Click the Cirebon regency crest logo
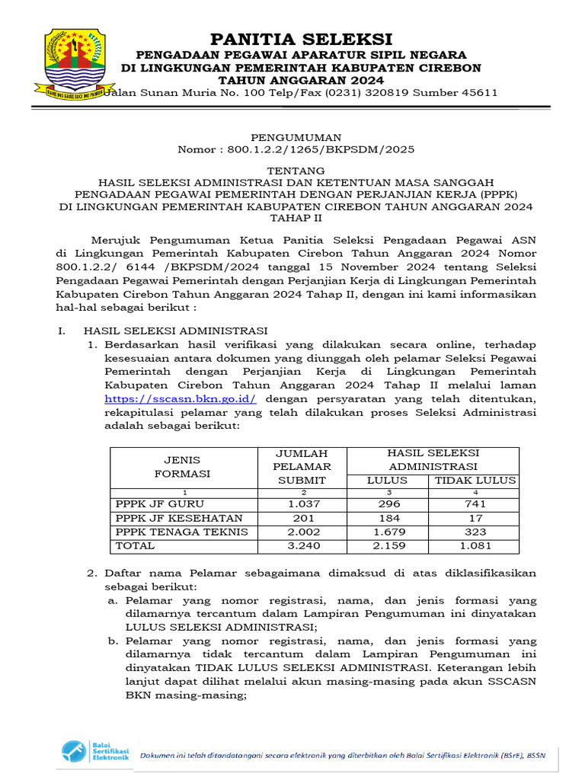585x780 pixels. [x=74, y=64]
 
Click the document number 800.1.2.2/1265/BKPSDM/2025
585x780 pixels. [x=321, y=149]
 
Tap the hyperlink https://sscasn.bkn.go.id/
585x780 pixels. [x=181, y=398]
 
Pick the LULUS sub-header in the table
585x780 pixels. [x=387, y=480]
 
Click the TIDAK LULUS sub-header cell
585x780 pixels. [x=475, y=480]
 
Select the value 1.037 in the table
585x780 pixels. [x=304, y=504]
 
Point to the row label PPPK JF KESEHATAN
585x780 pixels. [x=168, y=518]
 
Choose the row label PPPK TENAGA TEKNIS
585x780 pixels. [x=181, y=532]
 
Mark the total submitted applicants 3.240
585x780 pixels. [x=304, y=545]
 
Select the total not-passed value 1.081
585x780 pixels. [x=475, y=545]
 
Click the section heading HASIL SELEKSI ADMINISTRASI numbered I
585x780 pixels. [x=175, y=331]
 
